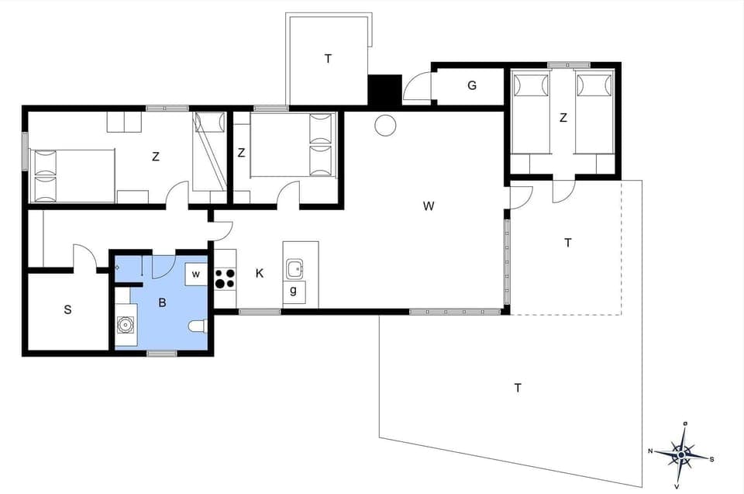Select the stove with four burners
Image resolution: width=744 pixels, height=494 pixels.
point(224,278)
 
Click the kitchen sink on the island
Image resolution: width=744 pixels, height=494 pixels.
point(294,269)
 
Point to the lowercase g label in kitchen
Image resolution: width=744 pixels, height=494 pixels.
point(293,291)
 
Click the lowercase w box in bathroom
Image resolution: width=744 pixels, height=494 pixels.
point(196,274)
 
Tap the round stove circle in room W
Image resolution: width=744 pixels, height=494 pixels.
point(384,125)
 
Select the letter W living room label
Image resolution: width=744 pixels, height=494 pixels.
point(428,206)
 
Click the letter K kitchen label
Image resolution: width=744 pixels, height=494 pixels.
point(260,273)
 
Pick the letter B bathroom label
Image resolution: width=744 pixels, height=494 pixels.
point(162,302)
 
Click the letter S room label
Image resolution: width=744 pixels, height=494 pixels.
point(67,309)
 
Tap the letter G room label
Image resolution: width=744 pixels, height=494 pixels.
point(471,85)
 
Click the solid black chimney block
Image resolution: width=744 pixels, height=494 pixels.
point(384,90)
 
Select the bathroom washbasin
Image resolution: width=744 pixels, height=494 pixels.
point(125,326)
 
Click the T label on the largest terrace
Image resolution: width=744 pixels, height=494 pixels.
point(517,387)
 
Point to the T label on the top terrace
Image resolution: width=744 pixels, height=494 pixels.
point(328,58)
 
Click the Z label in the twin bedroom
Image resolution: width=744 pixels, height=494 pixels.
point(563,118)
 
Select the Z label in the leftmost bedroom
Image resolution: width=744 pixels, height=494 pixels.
point(156,156)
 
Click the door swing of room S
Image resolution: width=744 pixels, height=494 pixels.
point(84,257)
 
